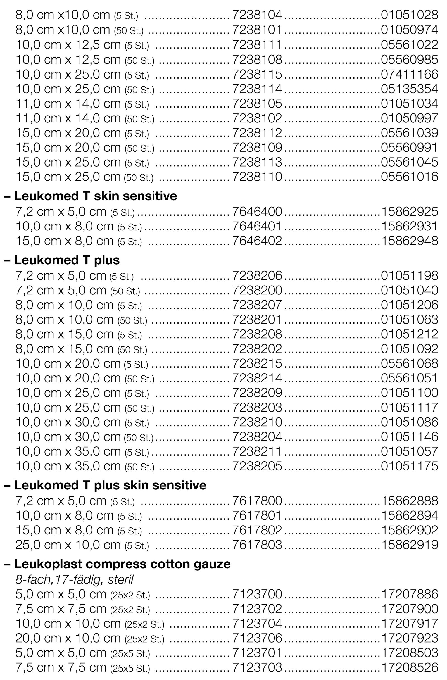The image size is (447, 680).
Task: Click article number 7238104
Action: [x=257, y=15]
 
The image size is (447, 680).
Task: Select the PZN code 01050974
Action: [x=409, y=30]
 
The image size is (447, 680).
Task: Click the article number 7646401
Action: [x=257, y=226]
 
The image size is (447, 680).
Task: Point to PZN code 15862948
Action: [x=409, y=241]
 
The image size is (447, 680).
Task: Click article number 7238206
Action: [x=257, y=276]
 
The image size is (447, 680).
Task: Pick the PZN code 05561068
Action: [x=409, y=363]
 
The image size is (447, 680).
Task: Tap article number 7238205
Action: [x=257, y=466]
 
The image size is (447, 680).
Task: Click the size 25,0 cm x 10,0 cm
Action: [x=68, y=545]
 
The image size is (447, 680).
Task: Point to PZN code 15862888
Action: [x=409, y=501]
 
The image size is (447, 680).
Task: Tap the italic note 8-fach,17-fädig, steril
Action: [x=75, y=580]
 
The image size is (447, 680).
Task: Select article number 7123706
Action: [x=257, y=638]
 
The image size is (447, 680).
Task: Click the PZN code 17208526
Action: [x=409, y=667]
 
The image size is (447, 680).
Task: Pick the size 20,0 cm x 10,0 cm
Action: [x=68, y=638]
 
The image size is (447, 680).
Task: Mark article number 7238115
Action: [x=257, y=74]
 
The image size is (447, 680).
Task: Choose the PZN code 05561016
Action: [x=409, y=177]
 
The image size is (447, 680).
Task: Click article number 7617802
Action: [x=257, y=530]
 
